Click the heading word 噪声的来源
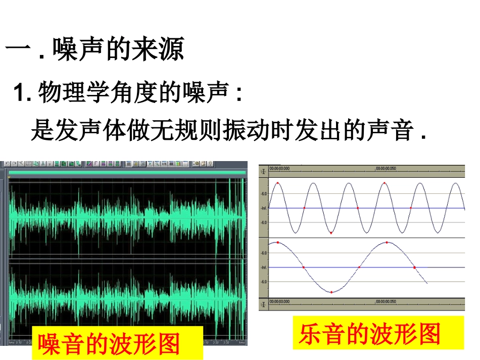point(118,49)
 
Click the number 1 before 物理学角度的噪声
point(20,93)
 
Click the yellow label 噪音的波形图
point(110,344)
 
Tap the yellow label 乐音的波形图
point(370,333)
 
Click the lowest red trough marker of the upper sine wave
point(331,233)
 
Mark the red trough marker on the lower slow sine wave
point(331,292)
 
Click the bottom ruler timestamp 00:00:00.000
point(280,301)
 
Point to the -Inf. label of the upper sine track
point(263,208)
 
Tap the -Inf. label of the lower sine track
point(263,267)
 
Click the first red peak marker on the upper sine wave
point(277,182)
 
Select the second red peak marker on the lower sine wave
point(387,242)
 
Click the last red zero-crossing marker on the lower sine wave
point(414,267)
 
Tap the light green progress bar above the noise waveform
point(126,173)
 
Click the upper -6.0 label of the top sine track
point(263,193)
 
